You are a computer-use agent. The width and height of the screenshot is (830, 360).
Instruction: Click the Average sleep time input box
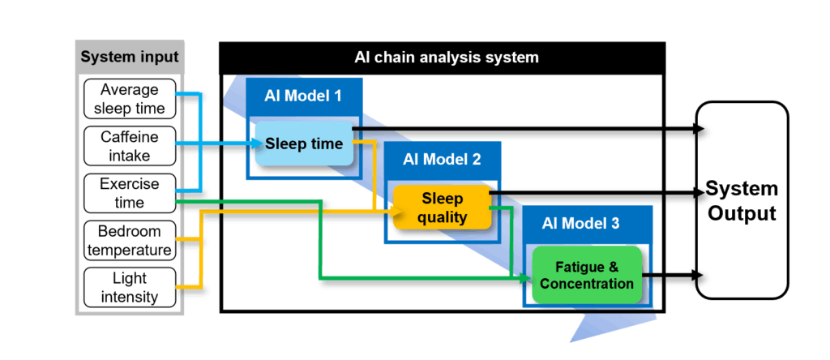click(x=130, y=98)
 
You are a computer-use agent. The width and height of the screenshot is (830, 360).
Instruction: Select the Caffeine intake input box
click(x=130, y=146)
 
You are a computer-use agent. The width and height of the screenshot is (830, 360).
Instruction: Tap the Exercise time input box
click(x=130, y=193)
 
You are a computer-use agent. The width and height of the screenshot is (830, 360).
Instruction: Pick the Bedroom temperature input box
click(x=130, y=240)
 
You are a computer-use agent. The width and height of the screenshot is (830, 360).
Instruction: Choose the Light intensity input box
click(x=130, y=288)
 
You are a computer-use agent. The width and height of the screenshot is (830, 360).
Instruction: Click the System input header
click(x=130, y=56)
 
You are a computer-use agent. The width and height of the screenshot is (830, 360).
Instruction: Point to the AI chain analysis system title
click(x=442, y=58)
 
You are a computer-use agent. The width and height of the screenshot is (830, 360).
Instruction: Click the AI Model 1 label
click(x=304, y=96)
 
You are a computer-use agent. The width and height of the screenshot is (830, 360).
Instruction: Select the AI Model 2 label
click(x=442, y=159)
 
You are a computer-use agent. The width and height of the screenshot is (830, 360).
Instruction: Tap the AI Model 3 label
click(x=580, y=223)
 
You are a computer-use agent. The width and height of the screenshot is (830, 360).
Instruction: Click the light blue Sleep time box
click(x=304, y=144)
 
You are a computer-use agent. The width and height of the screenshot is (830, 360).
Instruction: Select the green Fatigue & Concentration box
click(x=587, y=275)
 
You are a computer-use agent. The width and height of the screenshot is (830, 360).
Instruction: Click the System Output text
click(x=742, y=200)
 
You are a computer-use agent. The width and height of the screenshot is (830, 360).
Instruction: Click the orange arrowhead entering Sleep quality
click(x=396, y=212)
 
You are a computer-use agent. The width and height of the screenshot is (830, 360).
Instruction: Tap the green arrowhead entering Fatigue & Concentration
click(x=526, y=277)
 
